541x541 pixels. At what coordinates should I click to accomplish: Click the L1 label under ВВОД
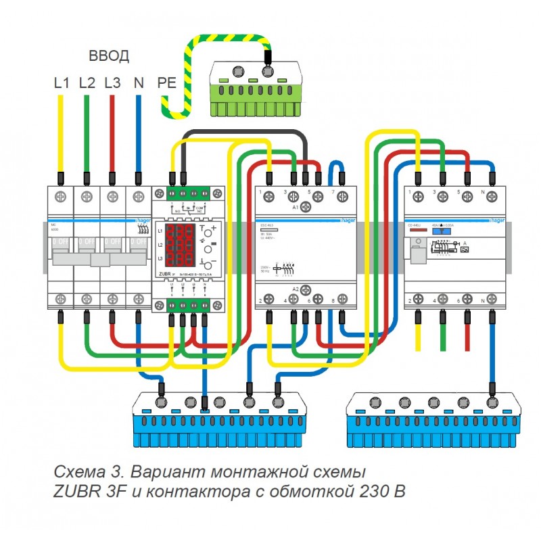62,83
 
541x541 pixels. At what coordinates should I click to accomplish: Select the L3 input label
112,83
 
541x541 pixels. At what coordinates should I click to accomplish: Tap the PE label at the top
166,83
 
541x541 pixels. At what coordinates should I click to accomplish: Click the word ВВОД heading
109,56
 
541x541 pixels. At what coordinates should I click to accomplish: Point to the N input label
139,83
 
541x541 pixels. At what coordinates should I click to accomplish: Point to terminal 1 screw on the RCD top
419,197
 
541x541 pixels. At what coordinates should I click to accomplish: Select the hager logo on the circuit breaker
142,220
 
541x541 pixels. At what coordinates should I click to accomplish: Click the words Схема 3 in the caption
80,471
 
